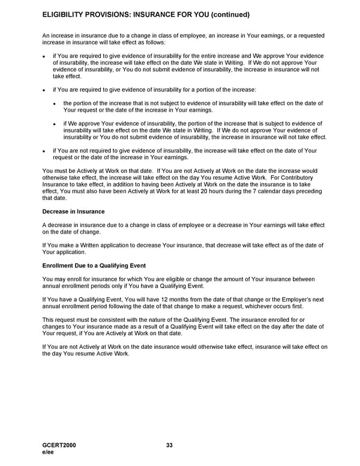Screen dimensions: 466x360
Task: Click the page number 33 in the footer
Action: click(x=169, y=445)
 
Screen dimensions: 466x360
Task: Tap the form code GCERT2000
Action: click(x=59, y=445)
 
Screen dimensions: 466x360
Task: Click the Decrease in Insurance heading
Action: click(x=73, y=211)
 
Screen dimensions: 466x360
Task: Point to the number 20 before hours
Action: click(x=204, y=192)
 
